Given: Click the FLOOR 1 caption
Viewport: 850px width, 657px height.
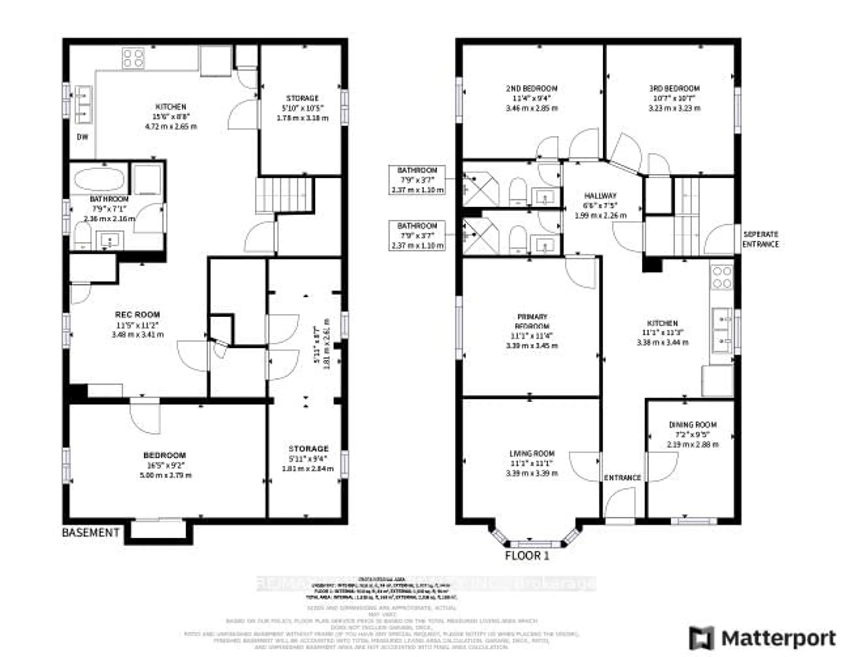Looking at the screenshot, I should click(x=527, y=556).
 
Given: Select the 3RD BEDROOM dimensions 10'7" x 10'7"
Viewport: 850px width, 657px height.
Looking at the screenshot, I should click(x=674, y=98).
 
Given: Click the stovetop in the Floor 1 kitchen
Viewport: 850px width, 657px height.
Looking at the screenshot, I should click(x=722, y=277).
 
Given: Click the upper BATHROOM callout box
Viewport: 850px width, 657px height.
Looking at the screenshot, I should click(x=417, y=180).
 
